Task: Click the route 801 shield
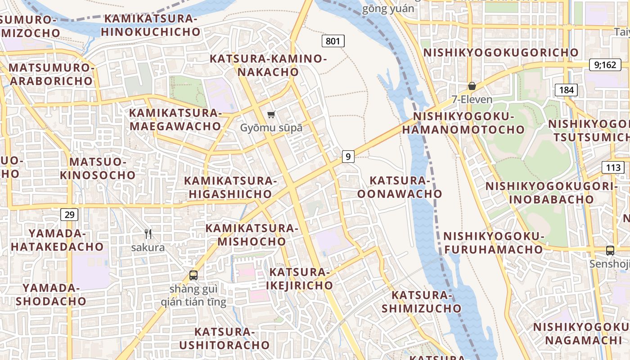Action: (333, 41)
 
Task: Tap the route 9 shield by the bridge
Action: (348, 157)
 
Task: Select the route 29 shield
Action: (69, 215)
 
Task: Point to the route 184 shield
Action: (566, 90)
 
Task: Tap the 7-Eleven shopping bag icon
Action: (472, 85)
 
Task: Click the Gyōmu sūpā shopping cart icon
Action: (271, 114)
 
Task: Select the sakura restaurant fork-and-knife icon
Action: (148, 234)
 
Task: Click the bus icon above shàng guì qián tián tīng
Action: (193, 275)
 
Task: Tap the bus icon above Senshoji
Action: (610, 251)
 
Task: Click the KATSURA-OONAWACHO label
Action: (400, 187)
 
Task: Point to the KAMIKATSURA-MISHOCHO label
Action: (252, 234)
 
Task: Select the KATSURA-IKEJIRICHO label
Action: (299, 279)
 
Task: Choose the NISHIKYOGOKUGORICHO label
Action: (501, 52)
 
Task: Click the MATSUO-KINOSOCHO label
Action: (98, 168)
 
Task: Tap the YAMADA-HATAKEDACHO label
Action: (57, 240)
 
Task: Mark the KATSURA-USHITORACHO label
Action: (225, 338)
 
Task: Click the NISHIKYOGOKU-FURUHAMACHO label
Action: (494, 243)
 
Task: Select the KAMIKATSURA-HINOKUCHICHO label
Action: (151, 26)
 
